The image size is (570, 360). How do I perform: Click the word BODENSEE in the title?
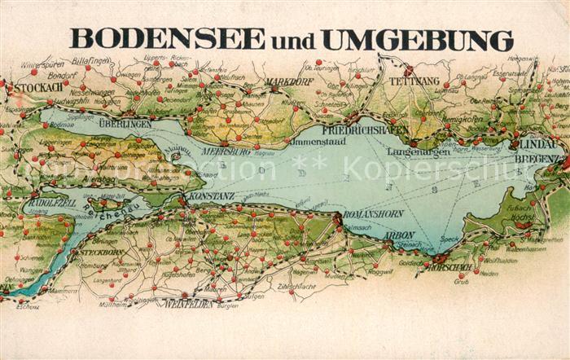coord(168,38)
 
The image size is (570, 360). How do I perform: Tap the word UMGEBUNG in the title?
coord(418,39)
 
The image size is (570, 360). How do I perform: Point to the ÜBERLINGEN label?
coord(125,124)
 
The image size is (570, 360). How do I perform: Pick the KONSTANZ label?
coord(211,197)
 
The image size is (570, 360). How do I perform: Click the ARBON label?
coord(400,236)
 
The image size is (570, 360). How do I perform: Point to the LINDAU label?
coord(538,144)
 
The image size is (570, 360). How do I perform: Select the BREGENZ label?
coord(538,158)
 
